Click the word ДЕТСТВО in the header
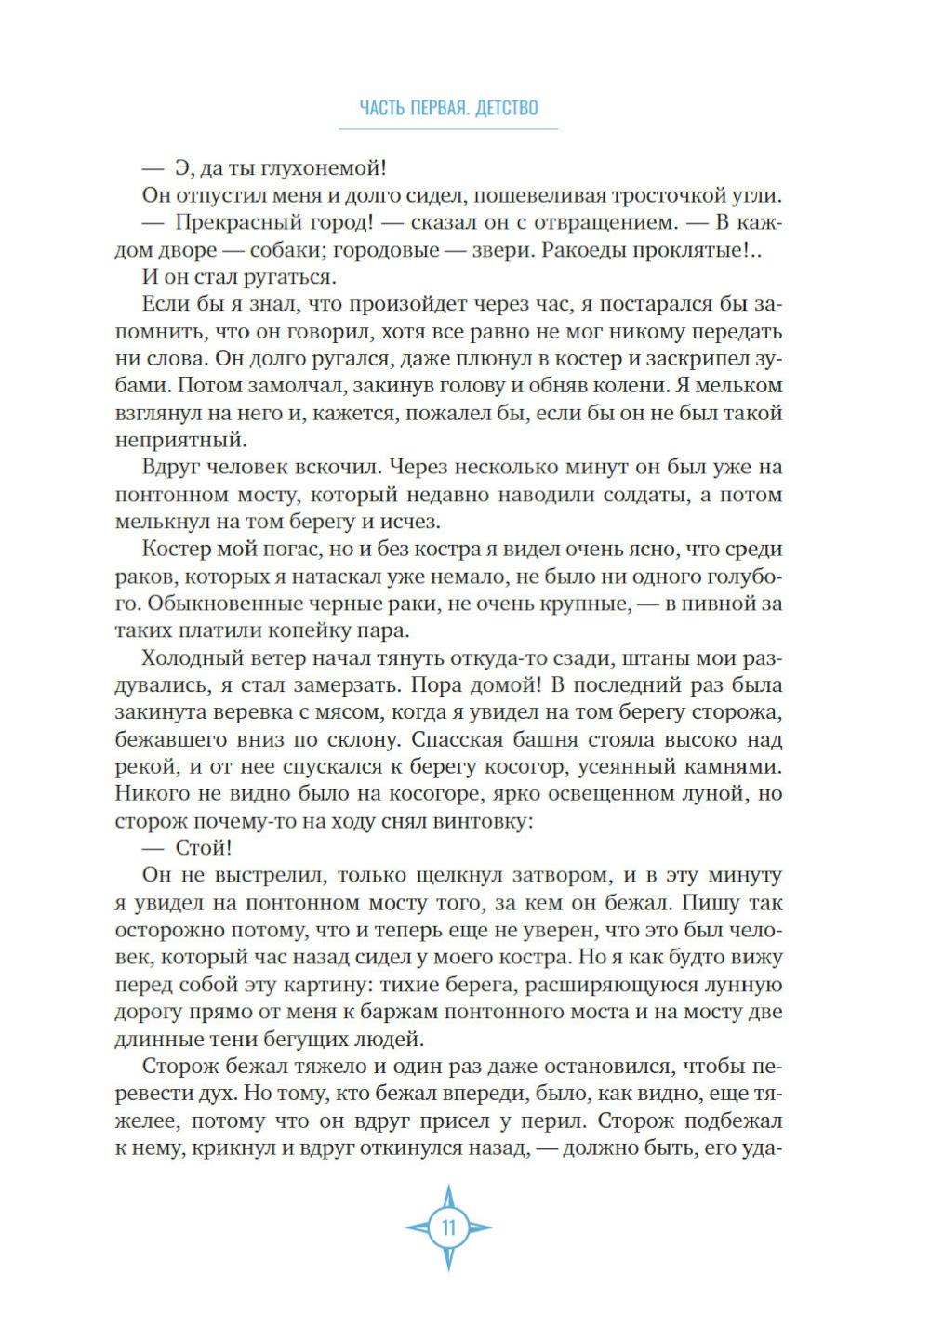(506, 108)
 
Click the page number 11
(448, 1227)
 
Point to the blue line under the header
(448, 128)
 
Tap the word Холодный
(194, 657)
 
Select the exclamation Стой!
(203, 848)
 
